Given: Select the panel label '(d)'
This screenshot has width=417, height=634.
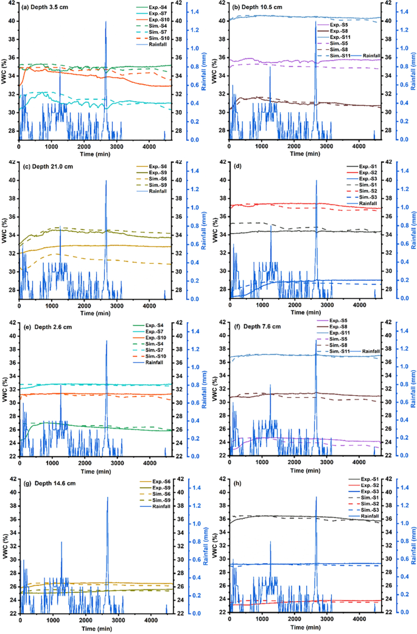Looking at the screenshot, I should (237, 166).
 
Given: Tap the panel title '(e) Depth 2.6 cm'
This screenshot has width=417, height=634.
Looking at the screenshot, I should (44, 326).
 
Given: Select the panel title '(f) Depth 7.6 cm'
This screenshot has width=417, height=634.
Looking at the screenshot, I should (255, 326).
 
